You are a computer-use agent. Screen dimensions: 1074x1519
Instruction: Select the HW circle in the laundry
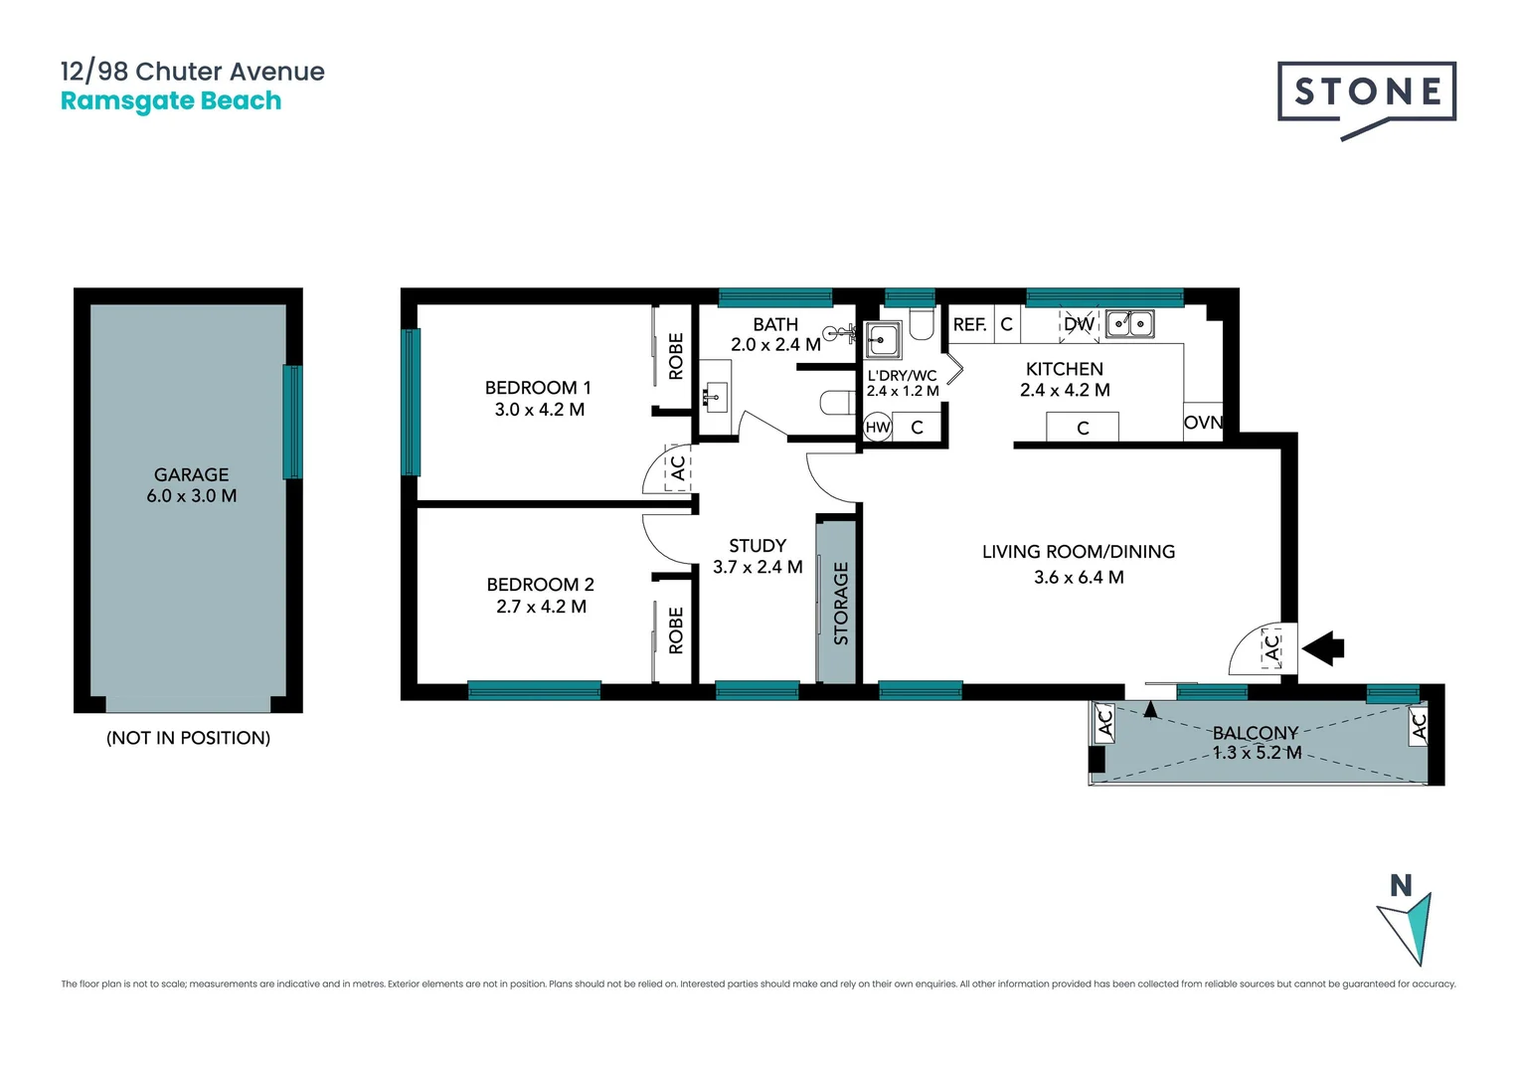click(878, 428)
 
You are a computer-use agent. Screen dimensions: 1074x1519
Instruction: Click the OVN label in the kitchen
click(1203, 423)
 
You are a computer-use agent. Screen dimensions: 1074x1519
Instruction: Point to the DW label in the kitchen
click(1079, 324)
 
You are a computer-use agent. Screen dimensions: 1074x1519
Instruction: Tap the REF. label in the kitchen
click(969, 324)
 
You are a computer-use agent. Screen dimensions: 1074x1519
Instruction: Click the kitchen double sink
click(1130, 323)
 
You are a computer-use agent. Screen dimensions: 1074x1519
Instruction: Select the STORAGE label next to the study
click(841, 603)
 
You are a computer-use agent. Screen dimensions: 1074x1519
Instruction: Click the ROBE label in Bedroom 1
click(676, 356)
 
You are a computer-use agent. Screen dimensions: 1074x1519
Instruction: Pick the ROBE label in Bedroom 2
click(676, 630)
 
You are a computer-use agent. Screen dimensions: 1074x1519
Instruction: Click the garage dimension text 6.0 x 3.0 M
click(191, 496)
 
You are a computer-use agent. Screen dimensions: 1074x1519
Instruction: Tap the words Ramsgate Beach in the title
click(171, 101)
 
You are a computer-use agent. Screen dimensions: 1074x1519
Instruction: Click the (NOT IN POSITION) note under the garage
click(188, 738)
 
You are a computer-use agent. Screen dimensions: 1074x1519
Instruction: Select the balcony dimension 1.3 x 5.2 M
click(1257, 753)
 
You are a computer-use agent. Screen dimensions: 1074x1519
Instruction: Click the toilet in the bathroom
click(837, 403)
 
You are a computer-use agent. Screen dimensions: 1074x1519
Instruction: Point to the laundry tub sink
click(882, 340)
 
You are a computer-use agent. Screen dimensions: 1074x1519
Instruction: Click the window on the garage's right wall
click(292, 422)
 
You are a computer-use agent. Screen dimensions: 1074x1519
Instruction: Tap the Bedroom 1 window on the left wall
click(410, 402)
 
